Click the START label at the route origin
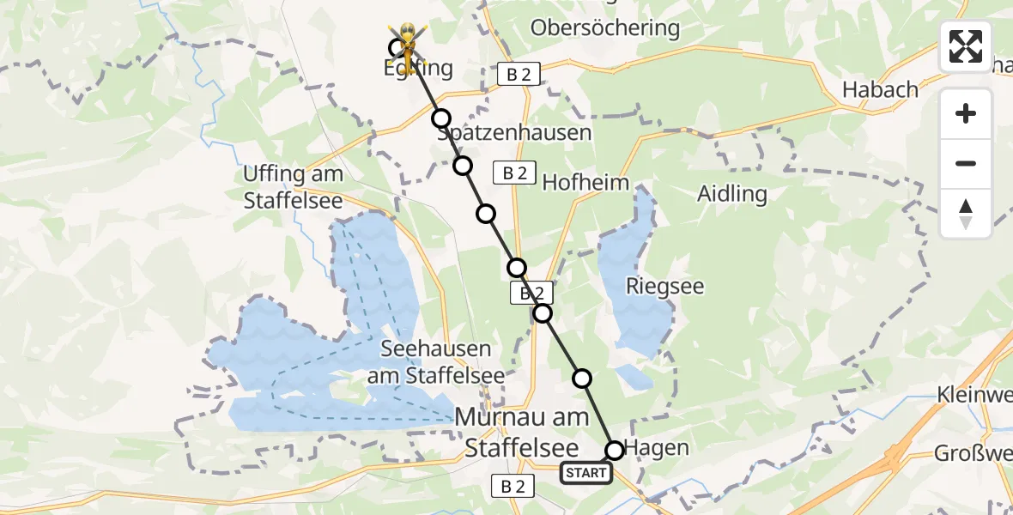pos(586,473)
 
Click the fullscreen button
pos(966,46)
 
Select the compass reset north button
pos(966,214)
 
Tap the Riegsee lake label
pos(664,286)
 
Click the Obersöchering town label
pos(604,28)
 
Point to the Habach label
pos(880,89)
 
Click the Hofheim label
pos(585,182)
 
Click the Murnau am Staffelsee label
pos(522,432)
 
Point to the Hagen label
pos(657,447)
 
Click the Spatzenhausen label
pos(514,133)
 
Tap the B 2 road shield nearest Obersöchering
pos(519,75)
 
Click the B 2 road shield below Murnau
pos(513,487)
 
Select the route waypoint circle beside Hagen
pos(615,450)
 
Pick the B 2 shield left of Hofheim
pos(514,173)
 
